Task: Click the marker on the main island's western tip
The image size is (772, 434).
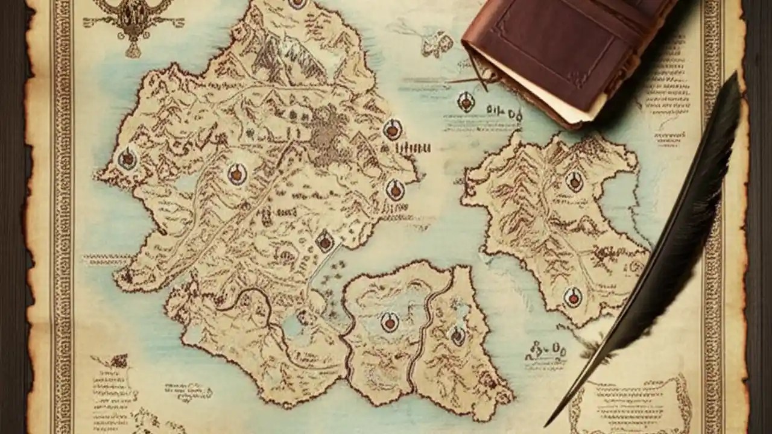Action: click(x=127, y=159)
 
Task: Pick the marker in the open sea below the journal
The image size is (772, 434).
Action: click(x=466, y=102)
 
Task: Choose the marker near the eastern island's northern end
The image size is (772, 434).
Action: click(x=574, y=181)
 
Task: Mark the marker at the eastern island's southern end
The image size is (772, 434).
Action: click(x=572, y=297)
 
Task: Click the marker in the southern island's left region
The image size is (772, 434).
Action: click(x=390, y=322)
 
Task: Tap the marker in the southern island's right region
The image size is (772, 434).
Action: click(x=458, y=335)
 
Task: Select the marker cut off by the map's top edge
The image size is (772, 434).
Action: click(x=297, y=3)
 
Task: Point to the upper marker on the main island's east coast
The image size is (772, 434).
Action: click(x=393, y=129)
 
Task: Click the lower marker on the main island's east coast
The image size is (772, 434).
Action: click(x=395, y=189)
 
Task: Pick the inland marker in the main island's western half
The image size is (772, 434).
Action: click(x=237, y=174)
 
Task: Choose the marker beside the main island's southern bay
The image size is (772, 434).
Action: click(x=325, y=242)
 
